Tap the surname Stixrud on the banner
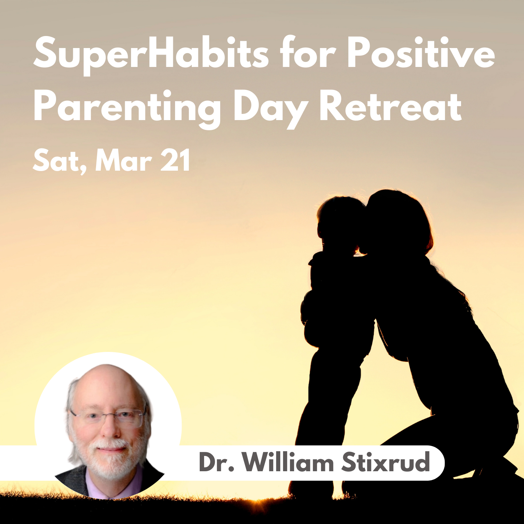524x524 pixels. (x=386, y=462)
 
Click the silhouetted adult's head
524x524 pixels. (x=397, y=223)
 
